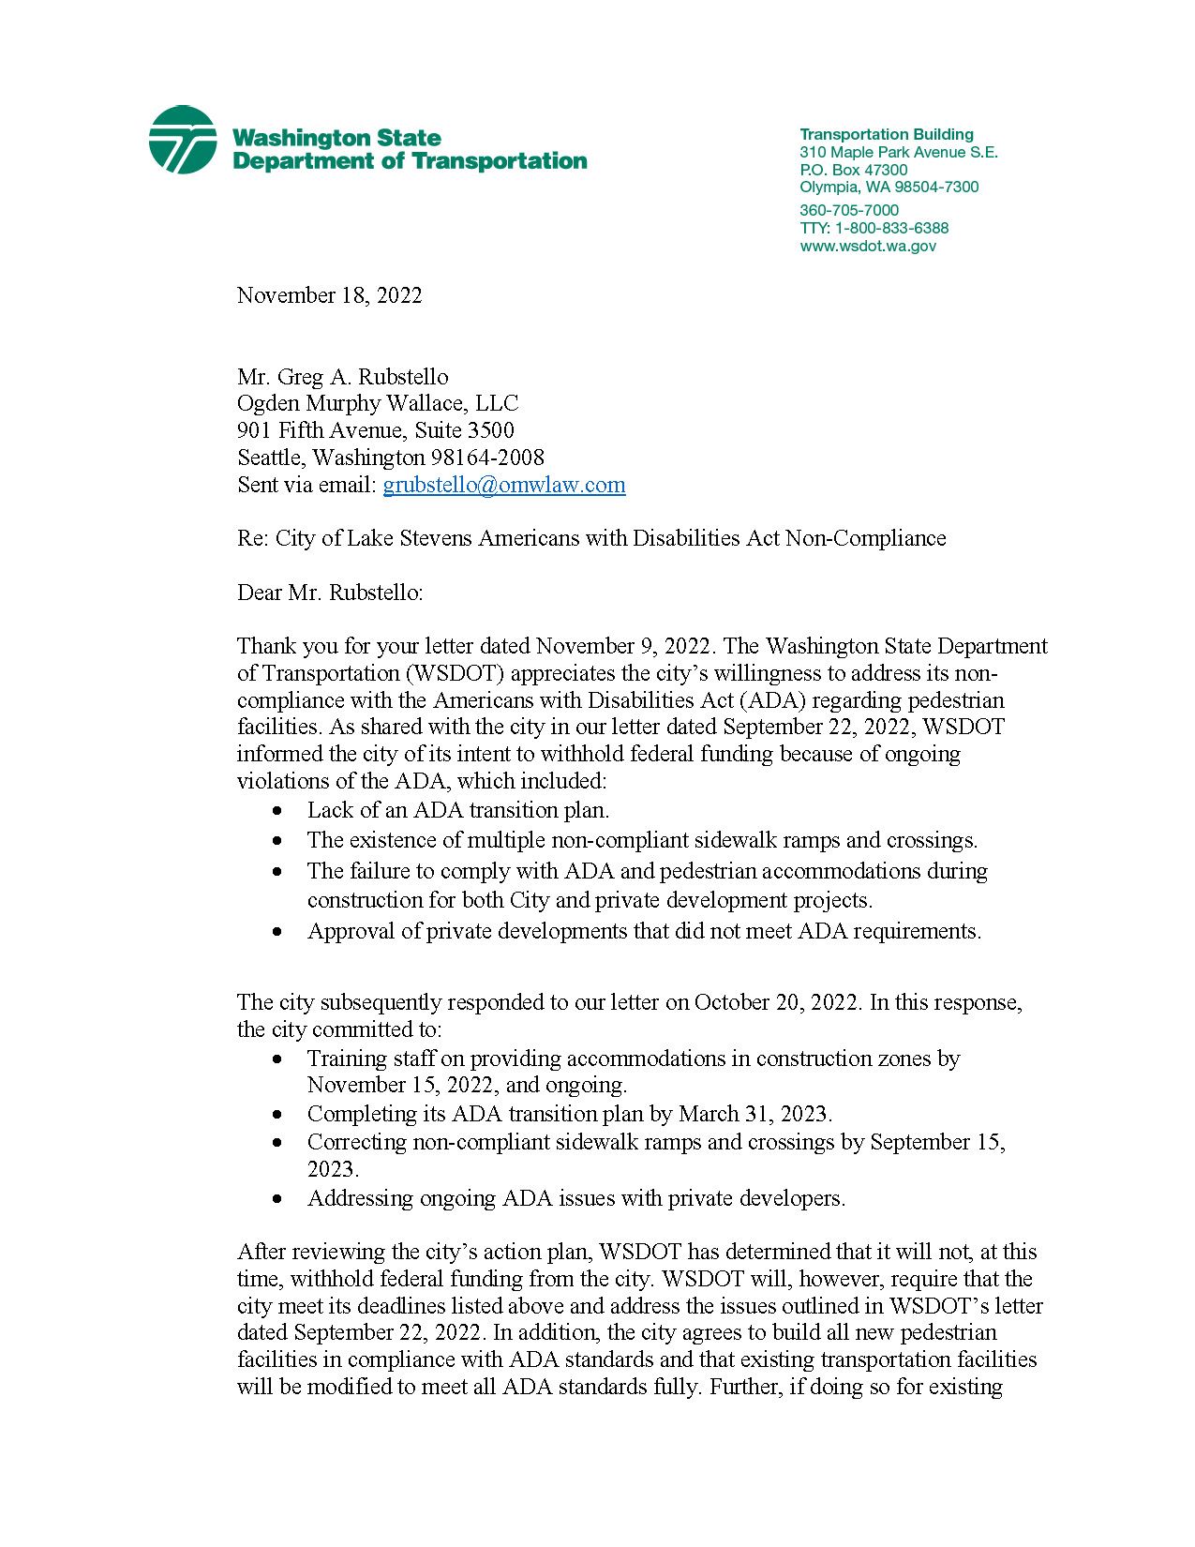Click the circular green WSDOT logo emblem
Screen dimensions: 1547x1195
183,140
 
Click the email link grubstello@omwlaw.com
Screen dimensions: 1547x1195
503,485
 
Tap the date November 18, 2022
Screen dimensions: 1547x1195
329,295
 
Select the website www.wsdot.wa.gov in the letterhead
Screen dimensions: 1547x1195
867,247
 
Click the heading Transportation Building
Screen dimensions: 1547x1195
886,134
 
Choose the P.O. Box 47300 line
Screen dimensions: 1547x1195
853,170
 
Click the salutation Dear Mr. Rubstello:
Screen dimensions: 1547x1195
329,593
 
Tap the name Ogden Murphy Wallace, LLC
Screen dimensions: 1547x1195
377,403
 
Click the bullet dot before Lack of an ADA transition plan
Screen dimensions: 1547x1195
276,810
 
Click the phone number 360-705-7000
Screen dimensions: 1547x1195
848,210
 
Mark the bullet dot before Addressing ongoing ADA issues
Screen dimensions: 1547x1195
276,1198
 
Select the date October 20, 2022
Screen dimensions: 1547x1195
776,1002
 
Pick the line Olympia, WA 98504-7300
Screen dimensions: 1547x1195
889,187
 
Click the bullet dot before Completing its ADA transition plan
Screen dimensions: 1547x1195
276,1114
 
